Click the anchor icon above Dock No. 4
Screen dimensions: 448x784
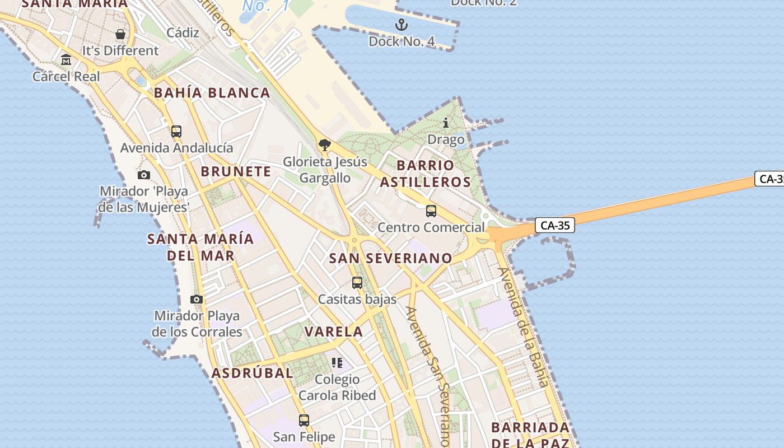tap(401, 25)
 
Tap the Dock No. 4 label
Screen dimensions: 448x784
tap(402, 41)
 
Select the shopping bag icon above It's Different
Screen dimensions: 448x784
tap(120, 34)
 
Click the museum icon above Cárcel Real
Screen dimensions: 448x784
tap(66, 59)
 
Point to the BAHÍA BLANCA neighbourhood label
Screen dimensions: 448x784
tap(212, 93)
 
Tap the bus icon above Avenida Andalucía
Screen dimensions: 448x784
tap(176, 132)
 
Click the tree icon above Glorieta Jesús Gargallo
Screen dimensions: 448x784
tap(324, 146)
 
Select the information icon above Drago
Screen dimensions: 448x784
tap(446, 123)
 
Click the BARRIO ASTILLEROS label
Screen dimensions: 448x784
tap(426, 174)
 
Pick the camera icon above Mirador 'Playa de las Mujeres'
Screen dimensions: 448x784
tap(144, 175)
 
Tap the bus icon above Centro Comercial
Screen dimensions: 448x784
tap(431, 211)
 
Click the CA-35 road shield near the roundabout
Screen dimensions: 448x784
tap(555, 225)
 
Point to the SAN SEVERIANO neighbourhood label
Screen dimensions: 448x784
tap(390, 258)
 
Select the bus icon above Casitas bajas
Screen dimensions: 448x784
tap(357, 283)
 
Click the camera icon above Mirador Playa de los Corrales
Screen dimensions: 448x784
tap(197, 299)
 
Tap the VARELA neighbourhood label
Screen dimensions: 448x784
tap(334, 332)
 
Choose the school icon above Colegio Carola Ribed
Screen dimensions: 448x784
tap(337, 363)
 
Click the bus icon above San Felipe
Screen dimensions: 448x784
tap(304, 420)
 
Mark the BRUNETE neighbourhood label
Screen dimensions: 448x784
tap(236, 171)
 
